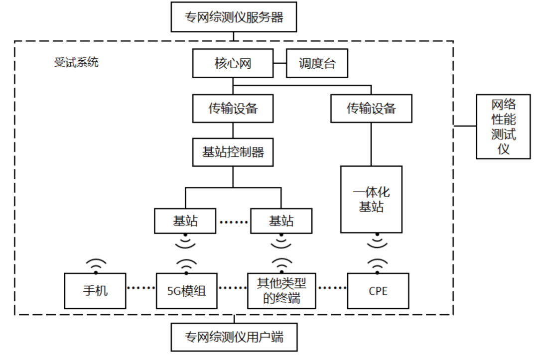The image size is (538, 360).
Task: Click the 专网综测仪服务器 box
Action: click(x=234, y=17)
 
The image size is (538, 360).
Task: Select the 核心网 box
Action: click(x=233, y=63)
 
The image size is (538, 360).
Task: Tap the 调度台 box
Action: click(x=317, y=63)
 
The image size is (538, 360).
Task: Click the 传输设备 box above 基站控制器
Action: click(x=233, y=109)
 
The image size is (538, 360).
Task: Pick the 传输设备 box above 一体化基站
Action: click(x=371, y=109)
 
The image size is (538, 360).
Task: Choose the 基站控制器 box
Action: click(x=233, y=152)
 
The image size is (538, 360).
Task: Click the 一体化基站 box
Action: click(x=371, y=200)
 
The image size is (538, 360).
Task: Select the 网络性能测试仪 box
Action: click(x=503, y=126)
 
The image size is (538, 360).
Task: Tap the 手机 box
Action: click(x=95, y=291)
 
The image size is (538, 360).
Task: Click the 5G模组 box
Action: click(x=186, y=291)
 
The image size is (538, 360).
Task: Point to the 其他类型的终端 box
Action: click(x=281, y=291)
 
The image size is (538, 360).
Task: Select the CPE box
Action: click(x=378, y=291)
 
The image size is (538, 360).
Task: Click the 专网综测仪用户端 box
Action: click(x=234, y=337)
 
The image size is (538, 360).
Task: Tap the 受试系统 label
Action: click(x=76, y=62)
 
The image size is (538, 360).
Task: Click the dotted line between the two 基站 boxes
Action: click(x=233, y=222)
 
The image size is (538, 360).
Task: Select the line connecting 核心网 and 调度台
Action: click(x=280, y=63)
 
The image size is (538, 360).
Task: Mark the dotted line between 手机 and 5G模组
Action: click(x=141, y=288)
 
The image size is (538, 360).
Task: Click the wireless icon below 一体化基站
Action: click(x=378, y=240)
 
